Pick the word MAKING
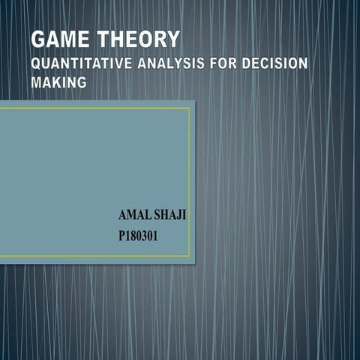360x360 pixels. (x=58, y=82)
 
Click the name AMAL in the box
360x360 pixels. (x=134, y=216)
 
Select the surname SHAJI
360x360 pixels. (x=170, y=216)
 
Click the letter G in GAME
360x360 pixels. (x=38, y=40)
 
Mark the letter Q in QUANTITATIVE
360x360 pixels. (x=36, y=64)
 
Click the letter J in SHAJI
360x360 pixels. (x=180, y=216)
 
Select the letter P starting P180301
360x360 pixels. (x=122, y=236)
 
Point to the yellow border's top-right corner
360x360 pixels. (x=190, y=108)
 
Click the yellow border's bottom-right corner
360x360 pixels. (x=190, y=256)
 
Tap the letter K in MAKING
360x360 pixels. (x=58, y=82)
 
